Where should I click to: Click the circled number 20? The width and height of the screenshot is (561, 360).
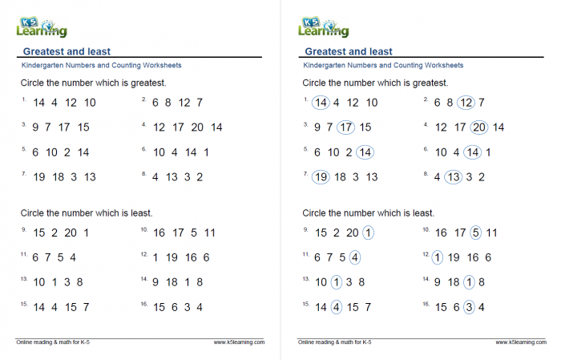tap(479, 127)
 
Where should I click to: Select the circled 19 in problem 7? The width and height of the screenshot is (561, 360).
tap(321, 177)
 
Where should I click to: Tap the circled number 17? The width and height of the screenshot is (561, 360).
tap(345, 127)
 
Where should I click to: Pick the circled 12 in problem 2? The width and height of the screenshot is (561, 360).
tap(466, 102)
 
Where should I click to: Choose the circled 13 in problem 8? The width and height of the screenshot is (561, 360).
tap(453, 177)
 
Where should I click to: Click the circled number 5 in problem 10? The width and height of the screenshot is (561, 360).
tap(475, 233)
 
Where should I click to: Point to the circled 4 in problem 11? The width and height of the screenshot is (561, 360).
tap(354, 257)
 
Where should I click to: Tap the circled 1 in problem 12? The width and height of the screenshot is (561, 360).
tap(437, 257)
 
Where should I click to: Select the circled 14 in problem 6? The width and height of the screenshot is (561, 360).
tap(473, 152)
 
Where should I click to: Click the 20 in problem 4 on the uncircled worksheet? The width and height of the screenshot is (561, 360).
tap(197, 127)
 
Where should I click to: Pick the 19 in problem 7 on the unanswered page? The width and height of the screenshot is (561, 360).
tap(39, 177)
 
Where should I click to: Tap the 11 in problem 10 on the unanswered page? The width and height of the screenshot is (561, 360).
tap(209, 233)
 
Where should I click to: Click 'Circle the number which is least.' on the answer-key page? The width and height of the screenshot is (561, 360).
tap(368, 213)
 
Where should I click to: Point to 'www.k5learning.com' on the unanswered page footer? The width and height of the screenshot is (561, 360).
tap(239, 342)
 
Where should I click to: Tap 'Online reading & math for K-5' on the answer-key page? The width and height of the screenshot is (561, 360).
tap(334, 342)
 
